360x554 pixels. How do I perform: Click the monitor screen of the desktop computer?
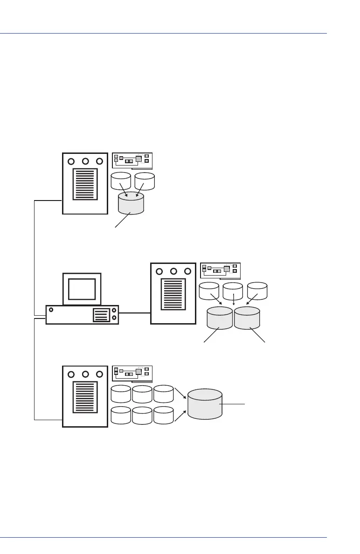point(82,289)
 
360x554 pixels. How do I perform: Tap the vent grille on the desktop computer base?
point(101,315)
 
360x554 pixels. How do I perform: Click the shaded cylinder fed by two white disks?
point(131,204)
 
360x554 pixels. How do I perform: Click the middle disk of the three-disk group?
point(233,291)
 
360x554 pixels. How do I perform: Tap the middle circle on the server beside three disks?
point(173,271)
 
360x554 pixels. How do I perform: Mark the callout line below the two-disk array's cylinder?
point(123,220)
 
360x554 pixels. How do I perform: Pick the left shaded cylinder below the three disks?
point(220,319)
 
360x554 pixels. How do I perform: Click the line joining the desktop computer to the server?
point(135,312)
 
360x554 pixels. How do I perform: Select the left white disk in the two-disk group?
point(121,181)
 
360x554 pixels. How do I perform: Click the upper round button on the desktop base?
point(115,310)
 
